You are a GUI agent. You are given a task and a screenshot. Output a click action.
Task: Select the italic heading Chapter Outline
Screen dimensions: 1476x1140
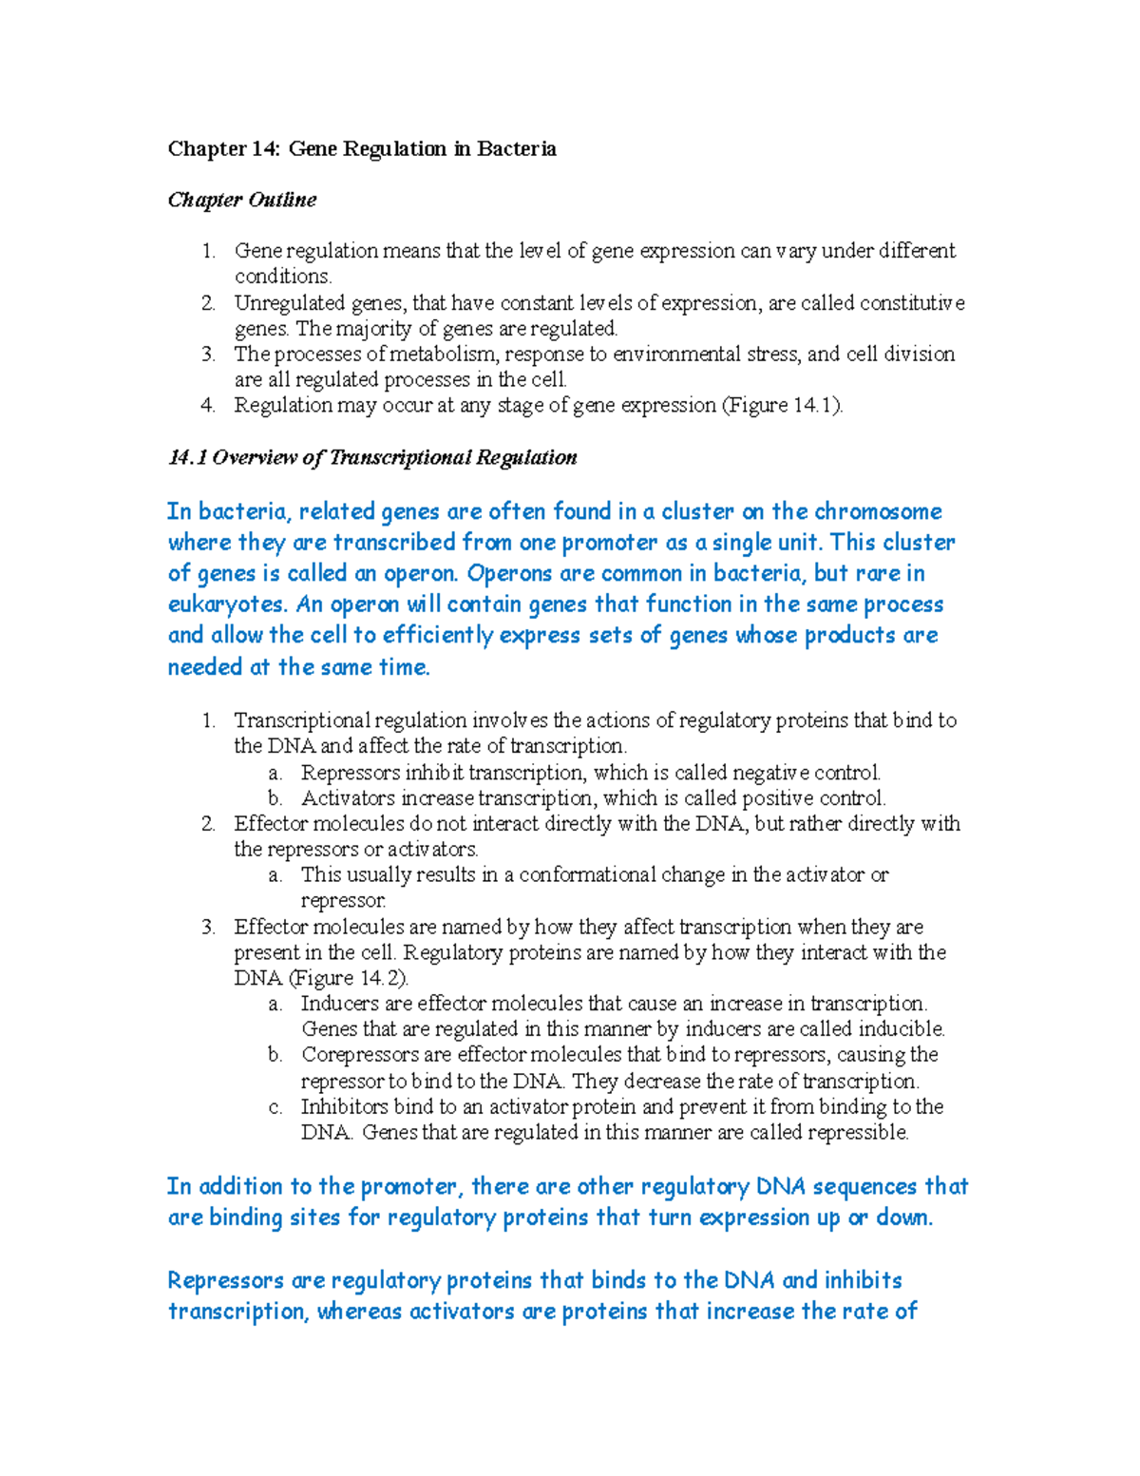(242, 201)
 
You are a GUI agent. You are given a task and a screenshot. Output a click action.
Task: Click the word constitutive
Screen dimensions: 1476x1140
(912, 303)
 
